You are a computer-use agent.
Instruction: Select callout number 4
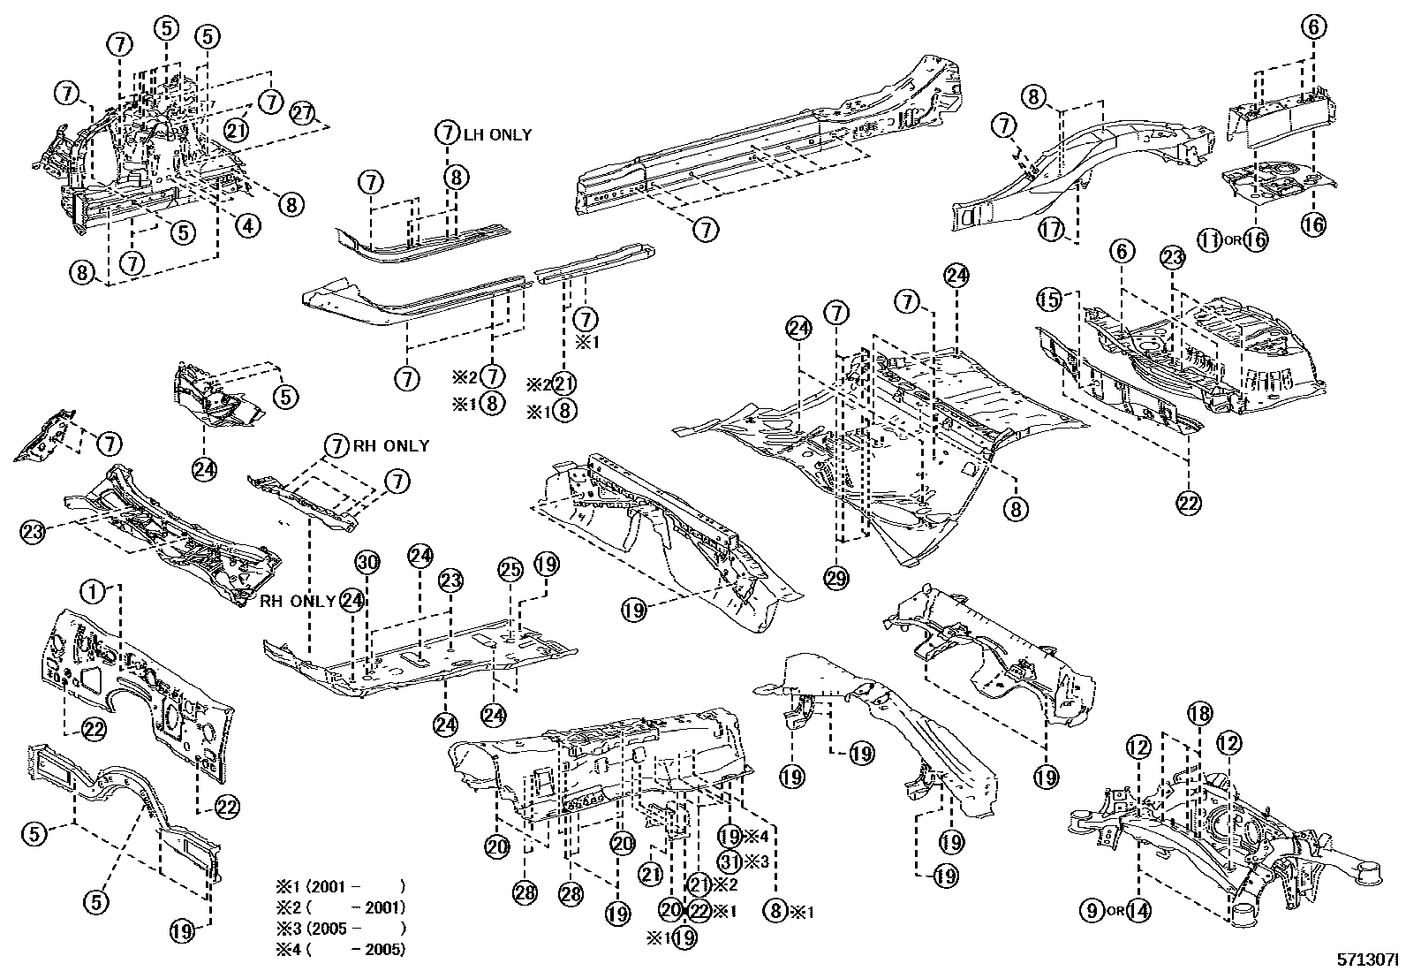coord(248,226)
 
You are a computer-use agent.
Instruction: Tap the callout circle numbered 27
coord(303,114)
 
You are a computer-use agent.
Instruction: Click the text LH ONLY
coord(498,134)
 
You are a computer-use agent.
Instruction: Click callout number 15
coord(1049,300)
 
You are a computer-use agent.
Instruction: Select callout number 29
coord(836,579)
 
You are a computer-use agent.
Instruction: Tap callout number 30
coord(367,562)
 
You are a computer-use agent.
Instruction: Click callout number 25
coord(510,571)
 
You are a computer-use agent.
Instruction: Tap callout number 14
coord(1139,909)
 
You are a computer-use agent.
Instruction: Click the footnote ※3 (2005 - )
coord(339,929)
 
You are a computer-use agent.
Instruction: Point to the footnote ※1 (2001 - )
coord(339,886)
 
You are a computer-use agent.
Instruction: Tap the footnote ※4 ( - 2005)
coord(339,951)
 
